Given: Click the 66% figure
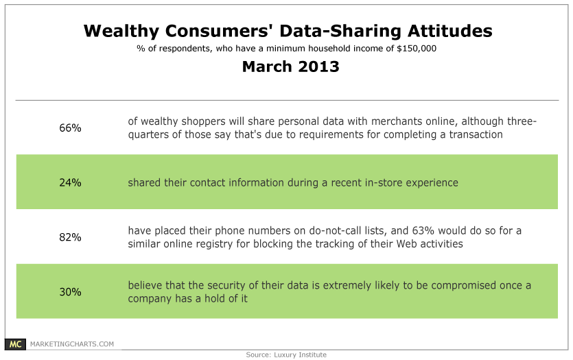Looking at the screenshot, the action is tap(70, 128).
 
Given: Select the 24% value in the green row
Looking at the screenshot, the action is tap(70, 182).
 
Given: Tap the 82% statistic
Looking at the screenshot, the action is tap(70, 237).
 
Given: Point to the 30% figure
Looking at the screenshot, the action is tap(70, 292).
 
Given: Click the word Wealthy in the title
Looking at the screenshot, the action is tap(121, 32).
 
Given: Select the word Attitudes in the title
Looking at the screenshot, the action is tap(450, 31).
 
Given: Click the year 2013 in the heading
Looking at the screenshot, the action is tap(318, 67).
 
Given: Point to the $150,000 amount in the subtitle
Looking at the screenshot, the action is tap(417, 49).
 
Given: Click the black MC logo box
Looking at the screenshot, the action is tap(15, 344).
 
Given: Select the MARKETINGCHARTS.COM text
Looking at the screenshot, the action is tap(72, 344).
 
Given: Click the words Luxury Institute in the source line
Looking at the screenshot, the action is tap(300, 355).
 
